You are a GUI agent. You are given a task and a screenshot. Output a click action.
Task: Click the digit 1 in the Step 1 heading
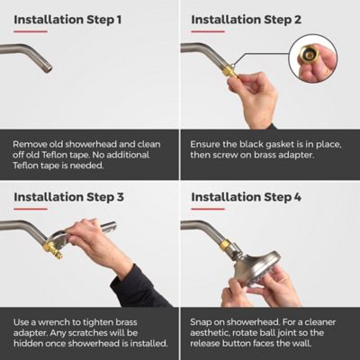coord(119,20)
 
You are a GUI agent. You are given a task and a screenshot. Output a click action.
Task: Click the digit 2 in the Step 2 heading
coord(297,20)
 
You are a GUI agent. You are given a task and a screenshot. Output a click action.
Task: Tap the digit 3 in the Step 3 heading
coord(120,197)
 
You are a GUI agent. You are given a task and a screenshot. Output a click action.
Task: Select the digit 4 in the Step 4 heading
coord(297,197)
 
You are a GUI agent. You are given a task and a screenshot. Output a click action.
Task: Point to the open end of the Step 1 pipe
coord(49,68)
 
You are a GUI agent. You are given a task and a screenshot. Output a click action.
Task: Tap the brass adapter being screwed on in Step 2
coord(230,70)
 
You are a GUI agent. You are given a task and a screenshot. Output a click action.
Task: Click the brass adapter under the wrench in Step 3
coord(53,250)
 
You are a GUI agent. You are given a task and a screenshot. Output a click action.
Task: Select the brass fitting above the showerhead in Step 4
coord(224,246)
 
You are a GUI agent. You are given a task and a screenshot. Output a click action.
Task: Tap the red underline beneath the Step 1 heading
coord(31,31)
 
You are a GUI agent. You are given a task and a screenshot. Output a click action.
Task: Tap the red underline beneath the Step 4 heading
coord(208,209)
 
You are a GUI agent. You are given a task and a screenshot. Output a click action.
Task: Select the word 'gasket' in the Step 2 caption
coord(279,144)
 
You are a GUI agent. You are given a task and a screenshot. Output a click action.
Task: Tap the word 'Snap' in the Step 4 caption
coord(200,322)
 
